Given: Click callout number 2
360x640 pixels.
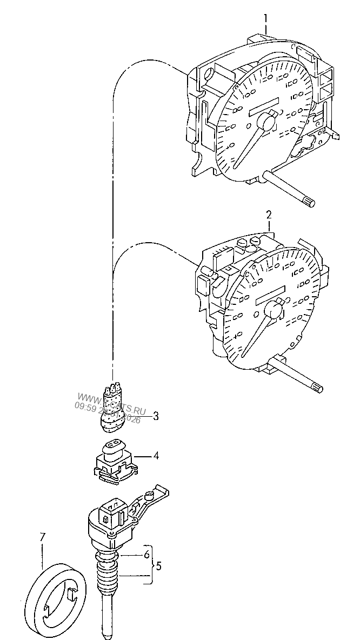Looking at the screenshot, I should tap(269, 216).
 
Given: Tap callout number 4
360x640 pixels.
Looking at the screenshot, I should tap(156, 456).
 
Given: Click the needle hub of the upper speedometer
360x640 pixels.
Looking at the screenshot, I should tap(267, 122).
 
